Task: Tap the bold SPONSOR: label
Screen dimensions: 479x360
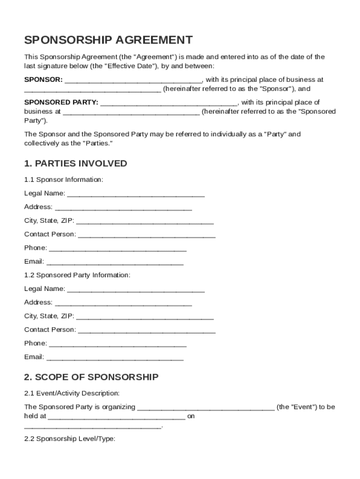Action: point(43,80)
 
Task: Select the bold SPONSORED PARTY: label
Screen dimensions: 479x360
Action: point(61,102)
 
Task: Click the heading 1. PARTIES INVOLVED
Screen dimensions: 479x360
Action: point(75,163)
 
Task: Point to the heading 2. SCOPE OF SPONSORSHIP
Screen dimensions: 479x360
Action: point(91,377)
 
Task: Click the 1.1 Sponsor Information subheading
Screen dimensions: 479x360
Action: point(64,180)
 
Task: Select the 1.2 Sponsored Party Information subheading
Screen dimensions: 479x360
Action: point(77,275)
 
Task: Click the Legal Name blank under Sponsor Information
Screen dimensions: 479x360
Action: point(136,194)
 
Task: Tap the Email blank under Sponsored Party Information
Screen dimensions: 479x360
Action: point(115,358)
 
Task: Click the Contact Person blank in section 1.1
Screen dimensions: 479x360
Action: point(146,235)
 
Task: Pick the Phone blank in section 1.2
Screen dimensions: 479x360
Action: point(117,344)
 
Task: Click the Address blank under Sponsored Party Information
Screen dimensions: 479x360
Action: point(123,303)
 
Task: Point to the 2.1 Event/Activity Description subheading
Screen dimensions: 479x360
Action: point(72,393)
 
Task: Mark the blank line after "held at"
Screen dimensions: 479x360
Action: point(116,416)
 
